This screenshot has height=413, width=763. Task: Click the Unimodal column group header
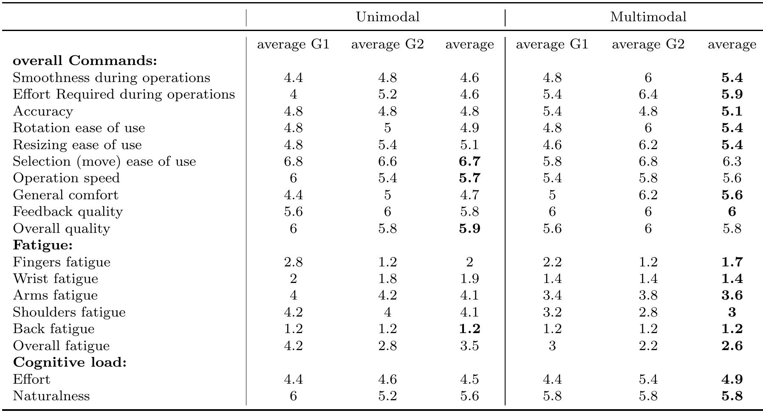[387, 17]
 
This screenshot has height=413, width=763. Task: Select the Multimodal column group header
[648, 17]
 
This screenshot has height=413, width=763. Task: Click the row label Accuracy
[43, 111]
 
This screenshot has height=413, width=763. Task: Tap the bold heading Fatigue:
[43, 245]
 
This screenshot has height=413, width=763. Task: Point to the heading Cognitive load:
[70, 362]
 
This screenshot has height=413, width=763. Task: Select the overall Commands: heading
[85, 61]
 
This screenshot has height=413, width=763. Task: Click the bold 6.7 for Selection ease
[469, 161]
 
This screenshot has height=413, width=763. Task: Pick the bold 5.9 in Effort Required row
[732, 94]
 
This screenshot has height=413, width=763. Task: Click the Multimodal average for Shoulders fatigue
[732, 312]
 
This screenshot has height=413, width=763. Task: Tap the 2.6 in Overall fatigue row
[732, 346]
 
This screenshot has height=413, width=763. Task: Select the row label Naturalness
[51, 396]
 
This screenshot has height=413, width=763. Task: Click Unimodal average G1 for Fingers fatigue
[293, 262]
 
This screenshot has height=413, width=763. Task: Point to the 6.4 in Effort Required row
[648, 94]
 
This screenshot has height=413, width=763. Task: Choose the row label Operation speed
[66, 178]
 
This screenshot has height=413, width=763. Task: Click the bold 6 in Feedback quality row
[732, 212]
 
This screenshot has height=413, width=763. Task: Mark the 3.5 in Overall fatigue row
[469, 346]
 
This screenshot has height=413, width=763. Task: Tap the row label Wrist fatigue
[55, 279]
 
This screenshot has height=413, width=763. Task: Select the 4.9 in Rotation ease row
[469, 128]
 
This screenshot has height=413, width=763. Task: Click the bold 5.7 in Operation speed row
[469, 178]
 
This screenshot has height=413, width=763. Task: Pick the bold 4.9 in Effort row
[732, 379]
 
